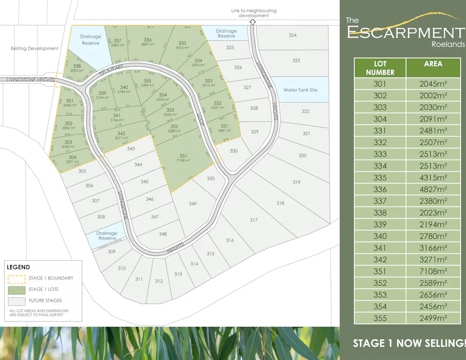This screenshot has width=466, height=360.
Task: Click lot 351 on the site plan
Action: pyautogui.click(x=183, y=157)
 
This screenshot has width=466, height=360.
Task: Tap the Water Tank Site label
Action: pyautogui.click(x=300, y=90)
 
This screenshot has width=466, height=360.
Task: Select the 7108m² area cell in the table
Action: pyautogui.click(x=433, y=271)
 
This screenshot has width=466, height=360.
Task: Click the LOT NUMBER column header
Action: pyautogui.click(x=380, y=68)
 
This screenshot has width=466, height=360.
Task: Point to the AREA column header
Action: pyautogui.click(x=433, y=64)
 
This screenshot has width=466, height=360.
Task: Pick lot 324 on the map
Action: pyautogui.click(x=293, y=35)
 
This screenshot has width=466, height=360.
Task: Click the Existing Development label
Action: pyautogui.click(x=35, y=49)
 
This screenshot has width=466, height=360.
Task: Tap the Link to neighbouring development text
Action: pyautogui.click(x=254, y=13)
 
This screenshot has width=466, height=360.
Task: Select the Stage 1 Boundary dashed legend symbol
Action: pyautogui.click(x=17, y=278)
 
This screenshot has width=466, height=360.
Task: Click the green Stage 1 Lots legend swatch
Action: pyautogui.click(x=17, y=290)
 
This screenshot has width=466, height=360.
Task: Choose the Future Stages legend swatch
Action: pyautogui.click(x=17, y=301)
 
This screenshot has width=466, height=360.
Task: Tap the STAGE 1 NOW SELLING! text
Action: pyautogui.click(x=409, y=343)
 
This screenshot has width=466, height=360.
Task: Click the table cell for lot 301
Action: pyautogui.click(x=380, y=84)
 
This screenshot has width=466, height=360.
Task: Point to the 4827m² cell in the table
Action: pyautogui.click(x=433, y=189)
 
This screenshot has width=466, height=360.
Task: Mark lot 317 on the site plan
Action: pyautogui.click(x=254, y=220)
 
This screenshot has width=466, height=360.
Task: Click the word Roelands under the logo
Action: pyautogui.click(x=447, y=45)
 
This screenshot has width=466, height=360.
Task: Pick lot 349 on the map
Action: pyautogui.click(x=193, y=204)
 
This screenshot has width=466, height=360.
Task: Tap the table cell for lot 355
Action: pyautogui.click(x=380, y=318)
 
